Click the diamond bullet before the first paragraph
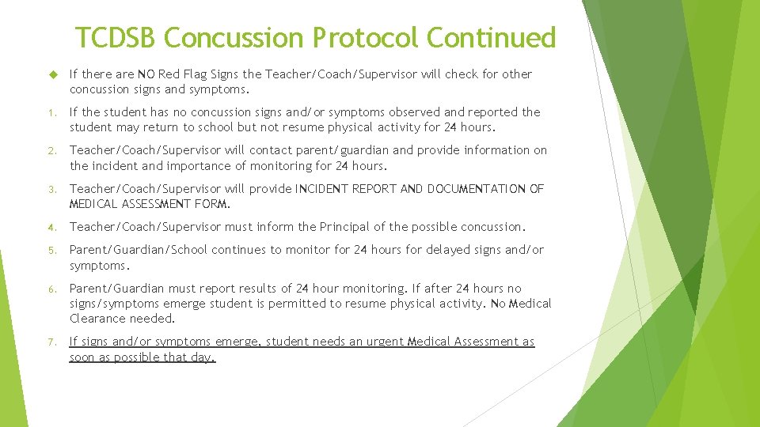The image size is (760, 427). click(x=55, y=74)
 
